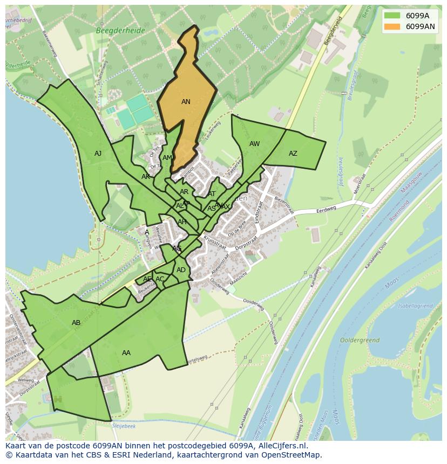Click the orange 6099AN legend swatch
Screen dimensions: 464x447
(392, 26)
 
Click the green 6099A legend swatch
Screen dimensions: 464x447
(392, 16)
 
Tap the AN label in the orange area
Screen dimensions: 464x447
(186, 102)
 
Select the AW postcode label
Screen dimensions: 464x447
(254, 144)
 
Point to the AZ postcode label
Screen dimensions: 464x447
(293, 154)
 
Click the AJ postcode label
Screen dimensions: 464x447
(98, 154)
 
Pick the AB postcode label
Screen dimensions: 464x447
(76, 323)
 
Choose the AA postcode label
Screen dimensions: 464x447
(126, 353)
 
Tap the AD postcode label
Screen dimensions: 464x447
(181, 270)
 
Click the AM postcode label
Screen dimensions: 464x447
(167, 158)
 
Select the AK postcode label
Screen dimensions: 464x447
(146, 177)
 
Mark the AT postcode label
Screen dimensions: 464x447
(212, 194)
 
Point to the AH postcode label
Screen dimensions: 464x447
(182, 222)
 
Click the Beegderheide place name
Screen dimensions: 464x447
(120, 31)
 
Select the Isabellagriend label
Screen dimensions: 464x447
(415, 306)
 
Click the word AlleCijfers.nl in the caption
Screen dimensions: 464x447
(281, 446)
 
